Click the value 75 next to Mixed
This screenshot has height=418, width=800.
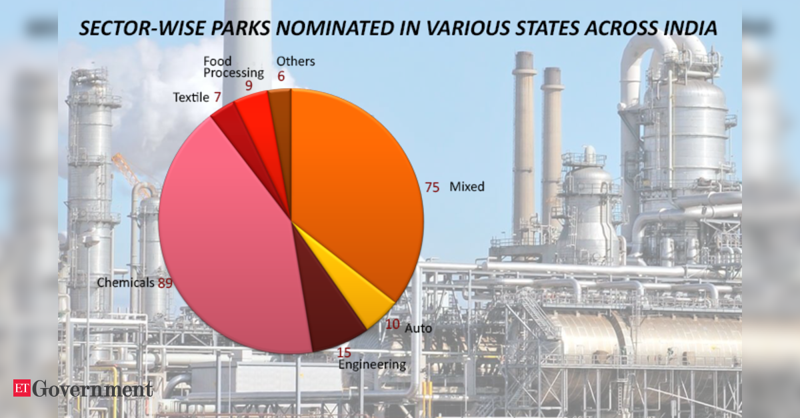[432, 187]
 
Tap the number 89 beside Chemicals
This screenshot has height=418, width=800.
[165, 283]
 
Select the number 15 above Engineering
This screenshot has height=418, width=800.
[344, 353]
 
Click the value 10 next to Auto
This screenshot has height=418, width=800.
[392, 324]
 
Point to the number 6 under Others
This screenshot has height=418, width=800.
[281, 76]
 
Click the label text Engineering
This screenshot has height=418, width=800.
[372, 365]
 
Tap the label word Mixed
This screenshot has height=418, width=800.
[467, 187]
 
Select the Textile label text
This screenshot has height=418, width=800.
[191, 97]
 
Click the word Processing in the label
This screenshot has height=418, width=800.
[233, 73]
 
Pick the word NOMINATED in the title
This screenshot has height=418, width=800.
[334, 28]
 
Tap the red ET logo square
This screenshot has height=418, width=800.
[22, 388]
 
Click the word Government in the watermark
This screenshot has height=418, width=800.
[93, 389]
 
